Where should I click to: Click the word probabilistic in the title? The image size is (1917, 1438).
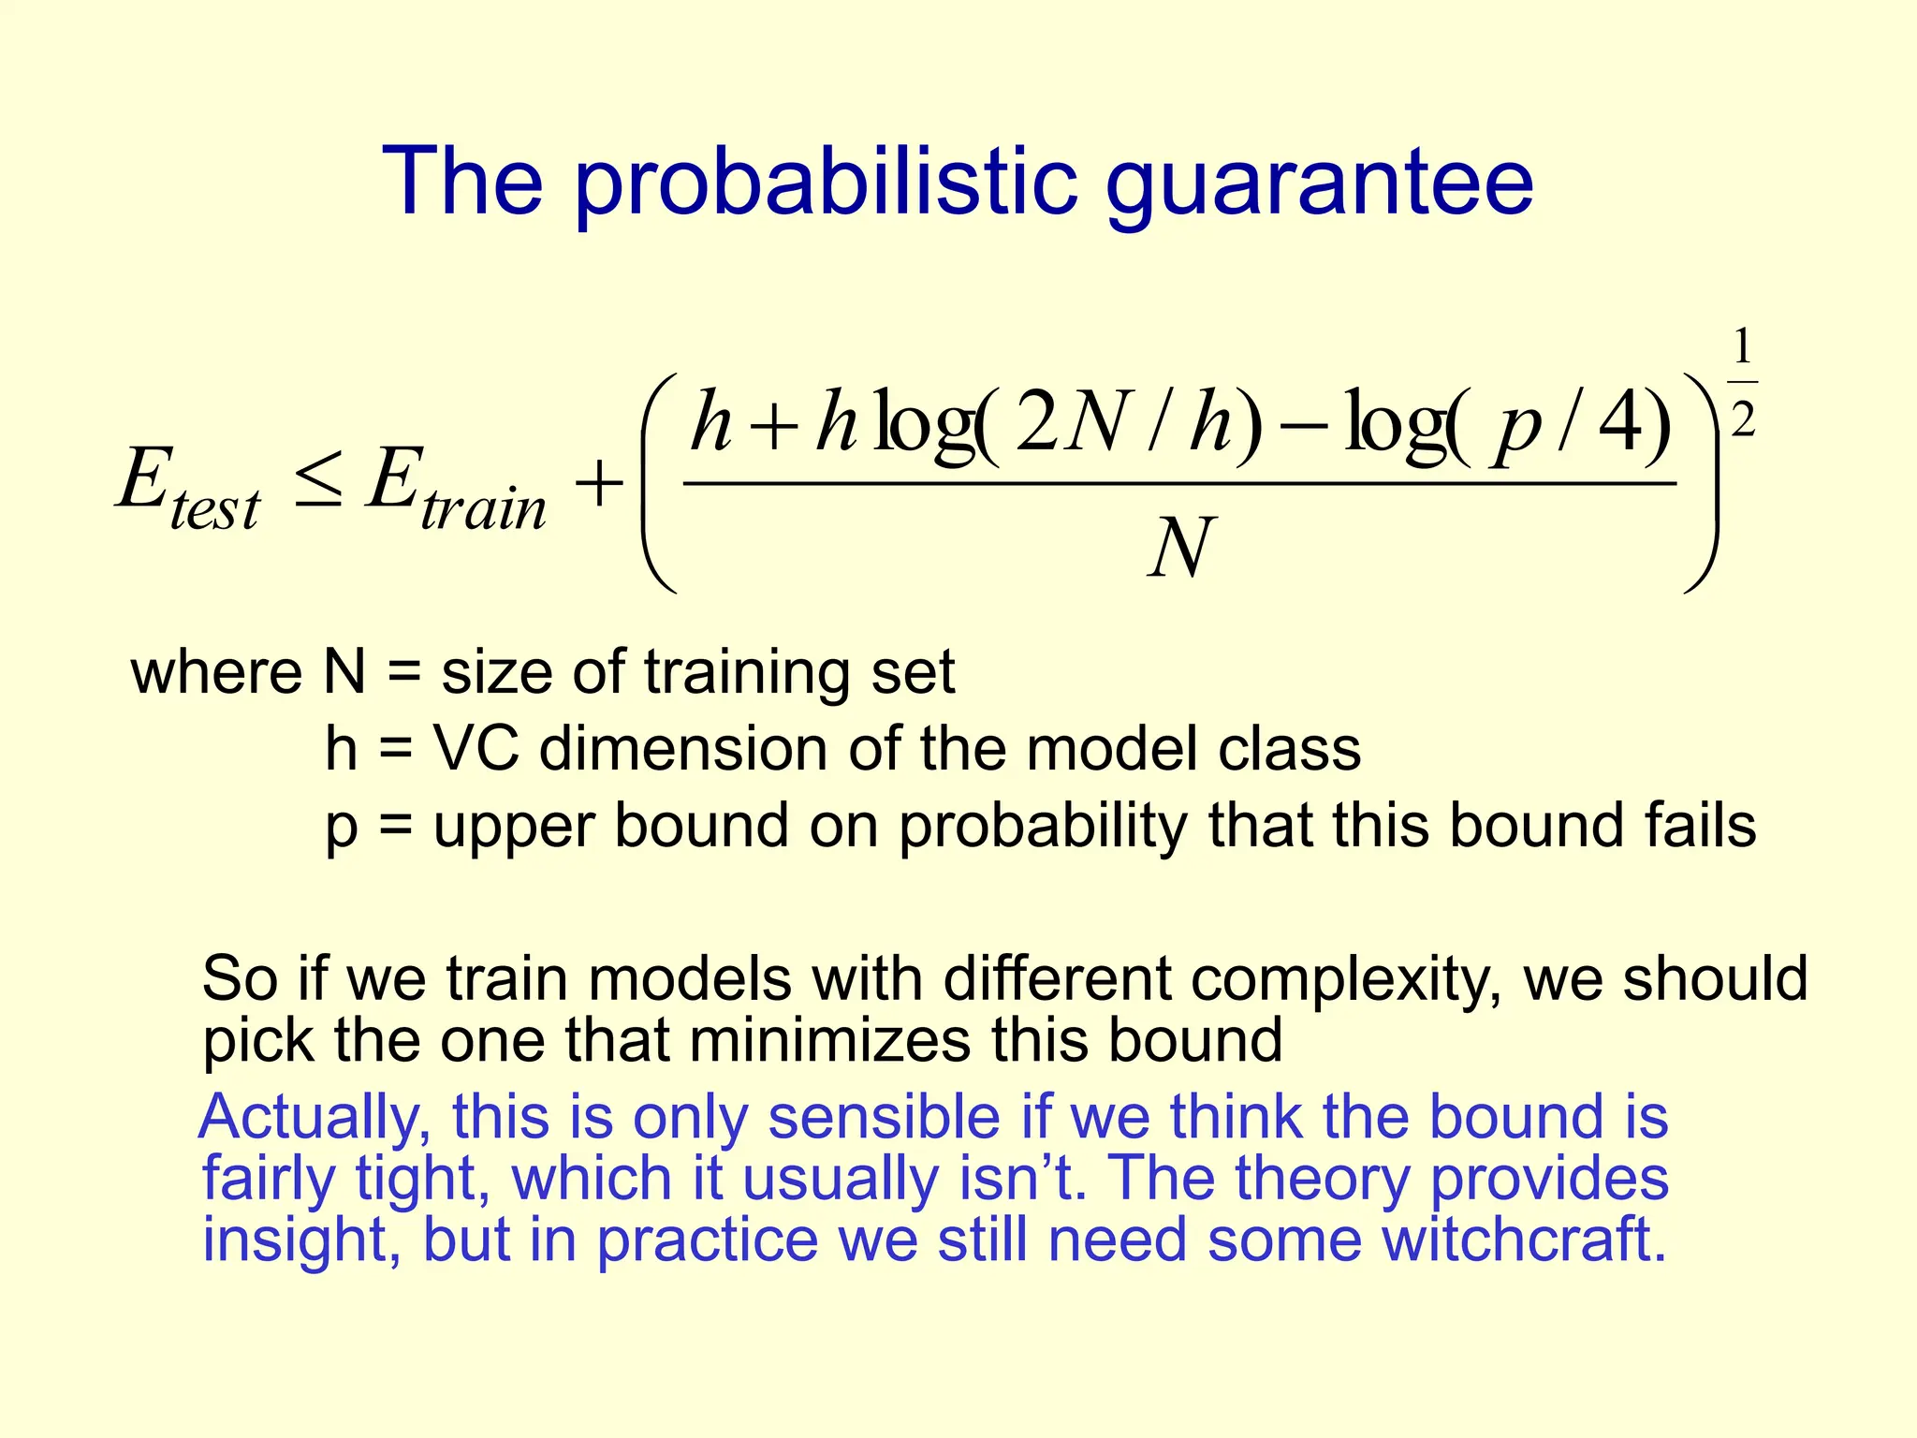point(824,183)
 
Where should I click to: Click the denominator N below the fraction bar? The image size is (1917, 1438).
point(1180,548)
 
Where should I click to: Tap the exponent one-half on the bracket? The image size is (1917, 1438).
point(1742,384)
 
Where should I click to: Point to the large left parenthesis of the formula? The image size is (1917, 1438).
point(658,482)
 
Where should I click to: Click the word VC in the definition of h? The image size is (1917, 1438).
point(476,749)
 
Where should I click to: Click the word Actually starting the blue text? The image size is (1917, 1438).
point(315,1118)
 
